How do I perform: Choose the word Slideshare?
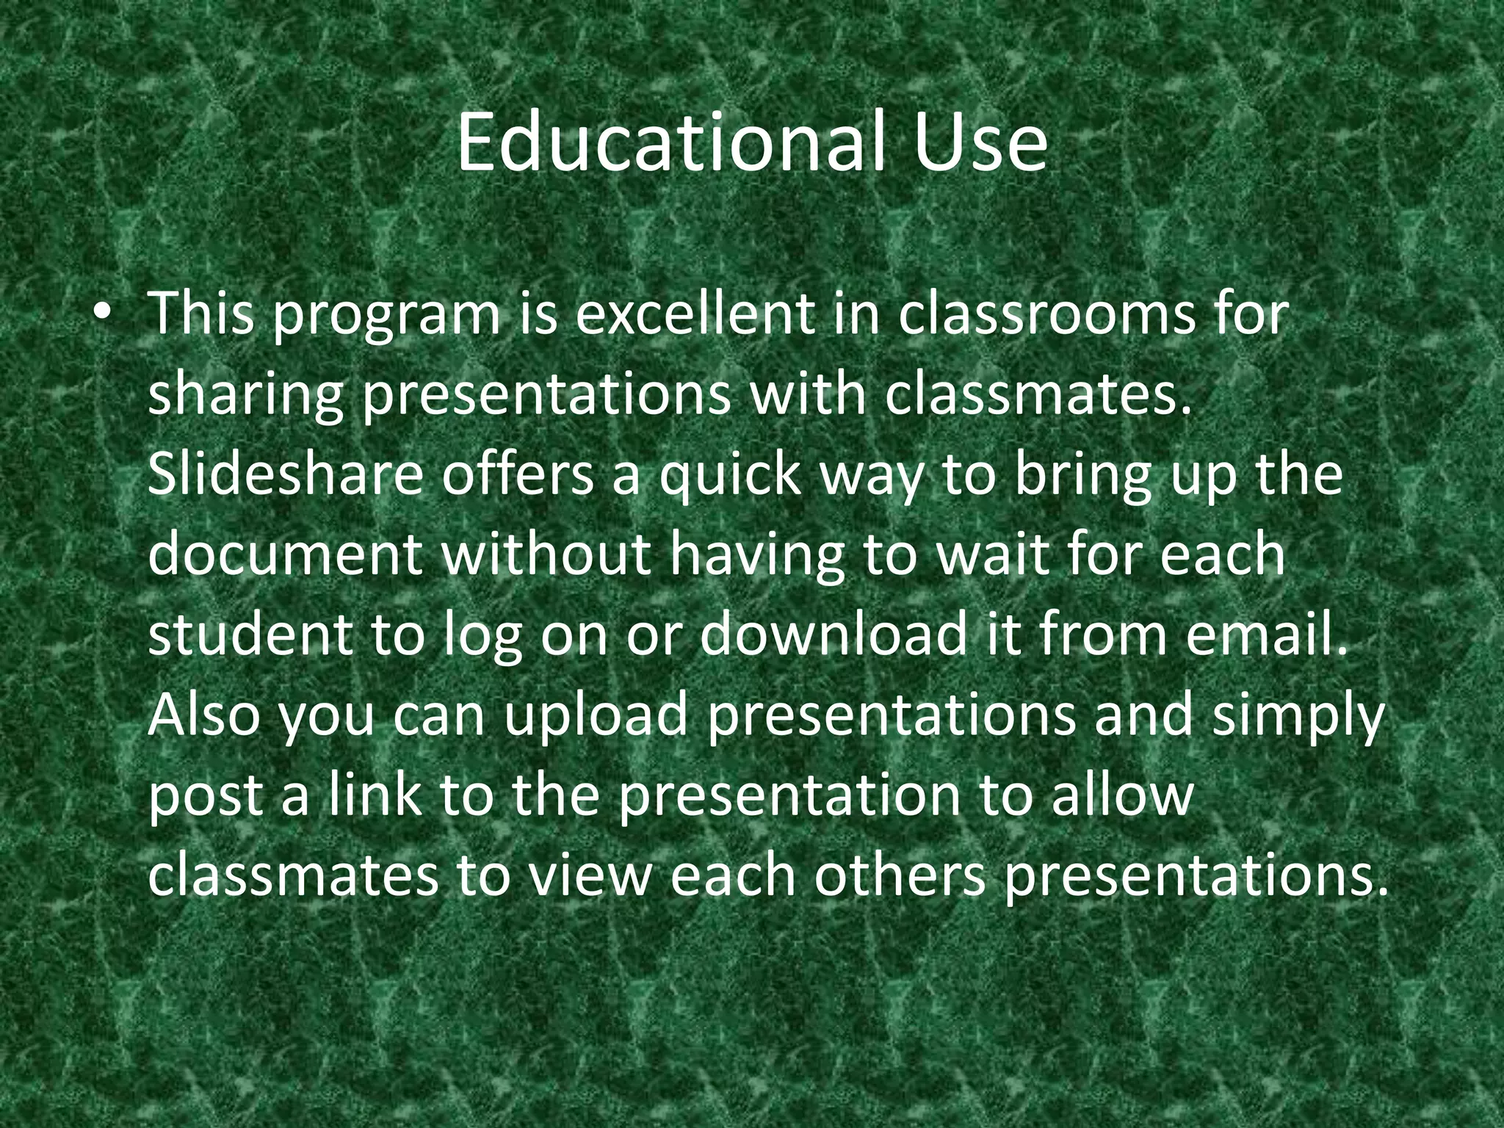point(286,474)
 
